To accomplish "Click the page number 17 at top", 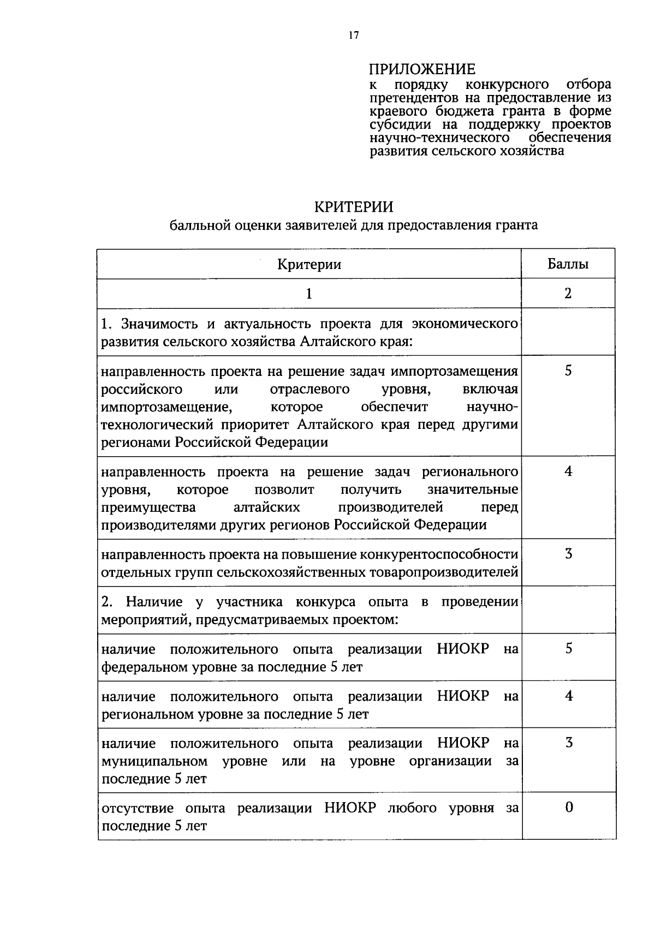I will coord(354,35).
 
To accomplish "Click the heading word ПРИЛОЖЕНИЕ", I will coord(422,69).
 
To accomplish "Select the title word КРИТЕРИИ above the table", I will coord(353,207).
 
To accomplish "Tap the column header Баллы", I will coord(568,265).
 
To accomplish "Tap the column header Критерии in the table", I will coord(309,265).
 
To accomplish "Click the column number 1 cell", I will coord(309,294).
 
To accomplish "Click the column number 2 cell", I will coord(568,294).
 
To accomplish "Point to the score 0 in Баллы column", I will coord(569,807).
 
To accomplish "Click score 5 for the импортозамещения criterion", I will coord(568,371).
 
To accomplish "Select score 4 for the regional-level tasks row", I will coord(568,471).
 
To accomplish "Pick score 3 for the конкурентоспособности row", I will coord(568,554).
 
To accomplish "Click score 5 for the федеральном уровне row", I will coord(569,649).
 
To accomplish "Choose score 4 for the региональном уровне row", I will coord(569,696).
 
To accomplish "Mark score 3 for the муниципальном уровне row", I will coord(569,743).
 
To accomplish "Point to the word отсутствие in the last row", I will coord(138,808).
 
